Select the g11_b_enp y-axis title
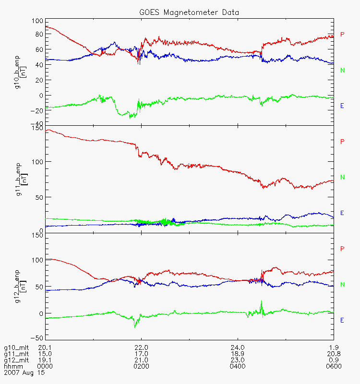pos(19,178)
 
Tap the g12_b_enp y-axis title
pos(19,286)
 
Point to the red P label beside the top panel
pos(342,34)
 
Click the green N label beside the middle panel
pos(342,178)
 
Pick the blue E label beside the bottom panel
pos(342,320)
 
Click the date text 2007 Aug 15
pos(23,372)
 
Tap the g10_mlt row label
pos(15,348)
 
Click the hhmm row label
pos(12,366)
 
